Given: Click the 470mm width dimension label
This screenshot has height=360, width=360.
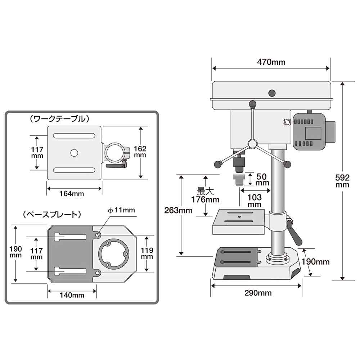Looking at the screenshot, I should (x=271, y=62).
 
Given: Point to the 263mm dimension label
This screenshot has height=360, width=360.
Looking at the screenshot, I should (x=178, y=210).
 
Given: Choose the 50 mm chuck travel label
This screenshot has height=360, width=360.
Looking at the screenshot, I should (x=262, y=179).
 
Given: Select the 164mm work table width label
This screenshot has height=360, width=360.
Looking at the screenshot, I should (x=72, y=194).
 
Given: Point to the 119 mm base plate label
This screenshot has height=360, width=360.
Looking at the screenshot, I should (x=148, y=253).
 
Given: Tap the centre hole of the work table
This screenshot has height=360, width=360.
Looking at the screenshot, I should (x=74, y=153).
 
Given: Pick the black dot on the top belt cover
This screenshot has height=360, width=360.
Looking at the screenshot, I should (x=272, y=93).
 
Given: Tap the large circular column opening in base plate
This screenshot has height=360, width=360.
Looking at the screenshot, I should (x=112, y=253).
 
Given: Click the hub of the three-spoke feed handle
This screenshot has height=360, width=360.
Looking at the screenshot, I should (x=253, y=144).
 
